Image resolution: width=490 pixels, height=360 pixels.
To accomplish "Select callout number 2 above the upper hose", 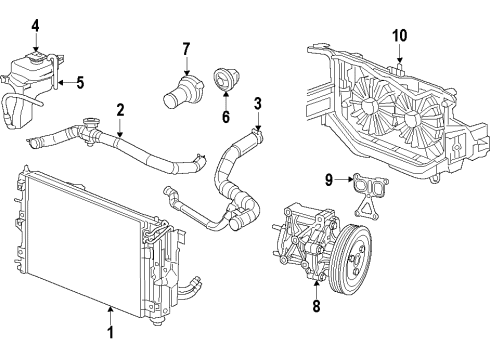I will click(120, 110).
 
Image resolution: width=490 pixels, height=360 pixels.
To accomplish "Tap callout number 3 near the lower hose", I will click(257, 103).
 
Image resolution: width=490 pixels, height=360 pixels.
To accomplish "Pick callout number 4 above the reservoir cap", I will click(36, 24).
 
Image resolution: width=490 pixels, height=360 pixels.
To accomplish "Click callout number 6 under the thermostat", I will click(225, 117).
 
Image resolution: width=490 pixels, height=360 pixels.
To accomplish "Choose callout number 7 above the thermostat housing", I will click(186, 49).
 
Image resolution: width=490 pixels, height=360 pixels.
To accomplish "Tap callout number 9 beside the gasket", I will click(327, 180).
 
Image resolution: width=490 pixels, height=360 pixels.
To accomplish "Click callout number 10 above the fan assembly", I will click(399, 37).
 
